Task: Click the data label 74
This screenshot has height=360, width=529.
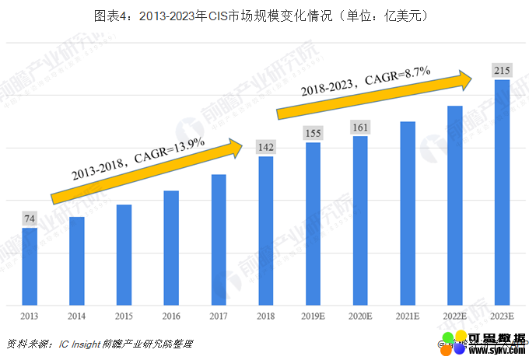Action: click(x=30, y=218)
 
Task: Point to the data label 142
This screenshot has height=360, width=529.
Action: click(x=266, y=147)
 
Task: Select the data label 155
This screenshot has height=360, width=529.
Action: click(x=314, y=133)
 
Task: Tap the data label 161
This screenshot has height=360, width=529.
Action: click(x=360, y=127)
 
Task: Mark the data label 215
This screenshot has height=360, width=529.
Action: click(x=502, y=71)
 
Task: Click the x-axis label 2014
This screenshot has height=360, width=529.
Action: click(x=77, y=316)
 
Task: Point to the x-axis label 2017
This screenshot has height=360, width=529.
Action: click(x=219, y=316)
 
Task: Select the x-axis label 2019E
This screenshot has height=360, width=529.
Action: click(x=314, y=316)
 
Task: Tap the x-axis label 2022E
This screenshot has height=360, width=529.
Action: click(x=454, y=316)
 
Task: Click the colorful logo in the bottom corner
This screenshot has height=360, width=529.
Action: click(x=454, y=344)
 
